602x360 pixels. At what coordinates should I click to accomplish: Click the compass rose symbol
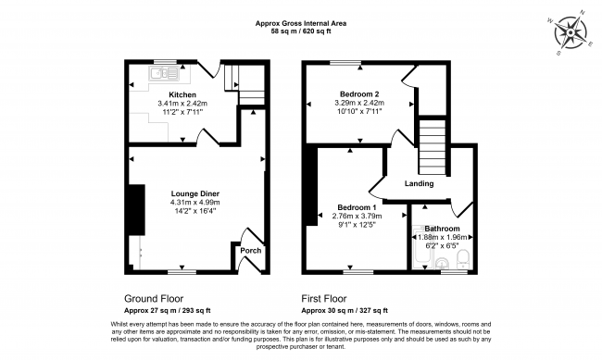click(x=571, y=32)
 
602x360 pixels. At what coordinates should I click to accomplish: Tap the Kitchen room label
click(x=182, y=94)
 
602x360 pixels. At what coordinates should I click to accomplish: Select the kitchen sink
click(x=165, y=73)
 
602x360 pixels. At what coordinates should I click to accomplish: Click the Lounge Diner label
click(x=195, y=193)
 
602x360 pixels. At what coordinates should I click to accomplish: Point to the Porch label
click(x=251, y=251)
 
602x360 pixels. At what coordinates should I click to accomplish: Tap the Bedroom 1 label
click(x=357, y=207)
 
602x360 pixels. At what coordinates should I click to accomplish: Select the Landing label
click(x=419, y=184)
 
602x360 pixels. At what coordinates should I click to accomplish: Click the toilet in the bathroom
click(x=463, y=259)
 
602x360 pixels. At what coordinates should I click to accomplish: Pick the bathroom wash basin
click(x=443, y=263)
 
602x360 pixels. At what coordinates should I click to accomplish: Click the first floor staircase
click(x=433, y=147)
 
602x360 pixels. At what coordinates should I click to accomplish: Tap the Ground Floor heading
click(x=154, y=299)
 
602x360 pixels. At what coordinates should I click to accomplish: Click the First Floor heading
click(x=323, y=299)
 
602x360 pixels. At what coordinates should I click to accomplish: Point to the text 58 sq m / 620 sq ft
click(x=301, y=31)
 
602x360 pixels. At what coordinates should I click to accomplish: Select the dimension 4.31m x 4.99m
click(x=195, y=203)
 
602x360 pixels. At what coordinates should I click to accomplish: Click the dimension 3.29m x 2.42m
click(x=359, y=103)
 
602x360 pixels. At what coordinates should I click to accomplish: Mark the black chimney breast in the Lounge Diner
click(x=137, y=210)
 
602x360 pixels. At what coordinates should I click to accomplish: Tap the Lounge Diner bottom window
click(x=182, y=272)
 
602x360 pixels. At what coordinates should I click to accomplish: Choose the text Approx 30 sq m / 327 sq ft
click(x=345, y=311)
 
